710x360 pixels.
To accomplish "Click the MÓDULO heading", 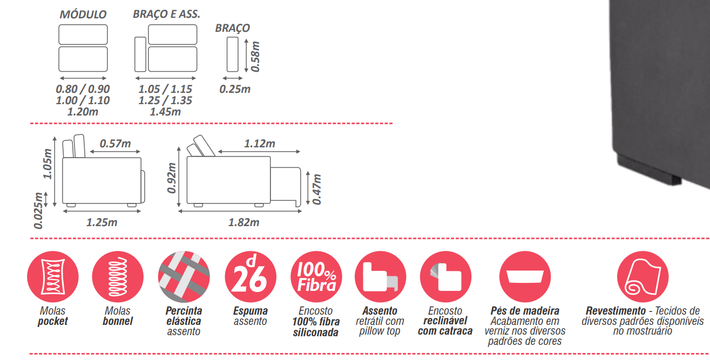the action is (x=83, y=14).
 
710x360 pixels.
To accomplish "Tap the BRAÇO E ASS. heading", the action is (x=166, y=14).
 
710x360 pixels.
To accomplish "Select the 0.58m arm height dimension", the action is (x=255, y=57).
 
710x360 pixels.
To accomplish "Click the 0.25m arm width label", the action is (x=235, y=89).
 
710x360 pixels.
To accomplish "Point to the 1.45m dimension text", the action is (x=165, y=112).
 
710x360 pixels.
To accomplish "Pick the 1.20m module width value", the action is (x=83, y=112).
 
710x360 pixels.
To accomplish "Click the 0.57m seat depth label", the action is (x=116, y=144).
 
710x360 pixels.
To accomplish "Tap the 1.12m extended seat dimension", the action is (x=260, y=144).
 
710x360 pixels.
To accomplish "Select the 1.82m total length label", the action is (x=244, y=222).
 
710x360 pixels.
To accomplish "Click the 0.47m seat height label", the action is (x=316, y=189).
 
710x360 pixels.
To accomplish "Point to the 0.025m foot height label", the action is (x=38, y=210).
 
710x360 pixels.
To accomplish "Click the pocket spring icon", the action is (x=53, y=277).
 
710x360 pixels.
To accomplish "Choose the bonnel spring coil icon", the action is (x=118, y=277).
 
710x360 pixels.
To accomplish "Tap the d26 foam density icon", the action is (x=251, y=277).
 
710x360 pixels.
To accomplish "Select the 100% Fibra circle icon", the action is (x=316, y=277).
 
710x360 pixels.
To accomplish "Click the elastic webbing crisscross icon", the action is (x=184, y=277).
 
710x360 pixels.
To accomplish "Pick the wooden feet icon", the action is (x=525, y=277).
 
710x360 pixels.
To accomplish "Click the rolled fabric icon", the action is (x=643, y=277).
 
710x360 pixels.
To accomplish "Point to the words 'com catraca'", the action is (x=445, y=331).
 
